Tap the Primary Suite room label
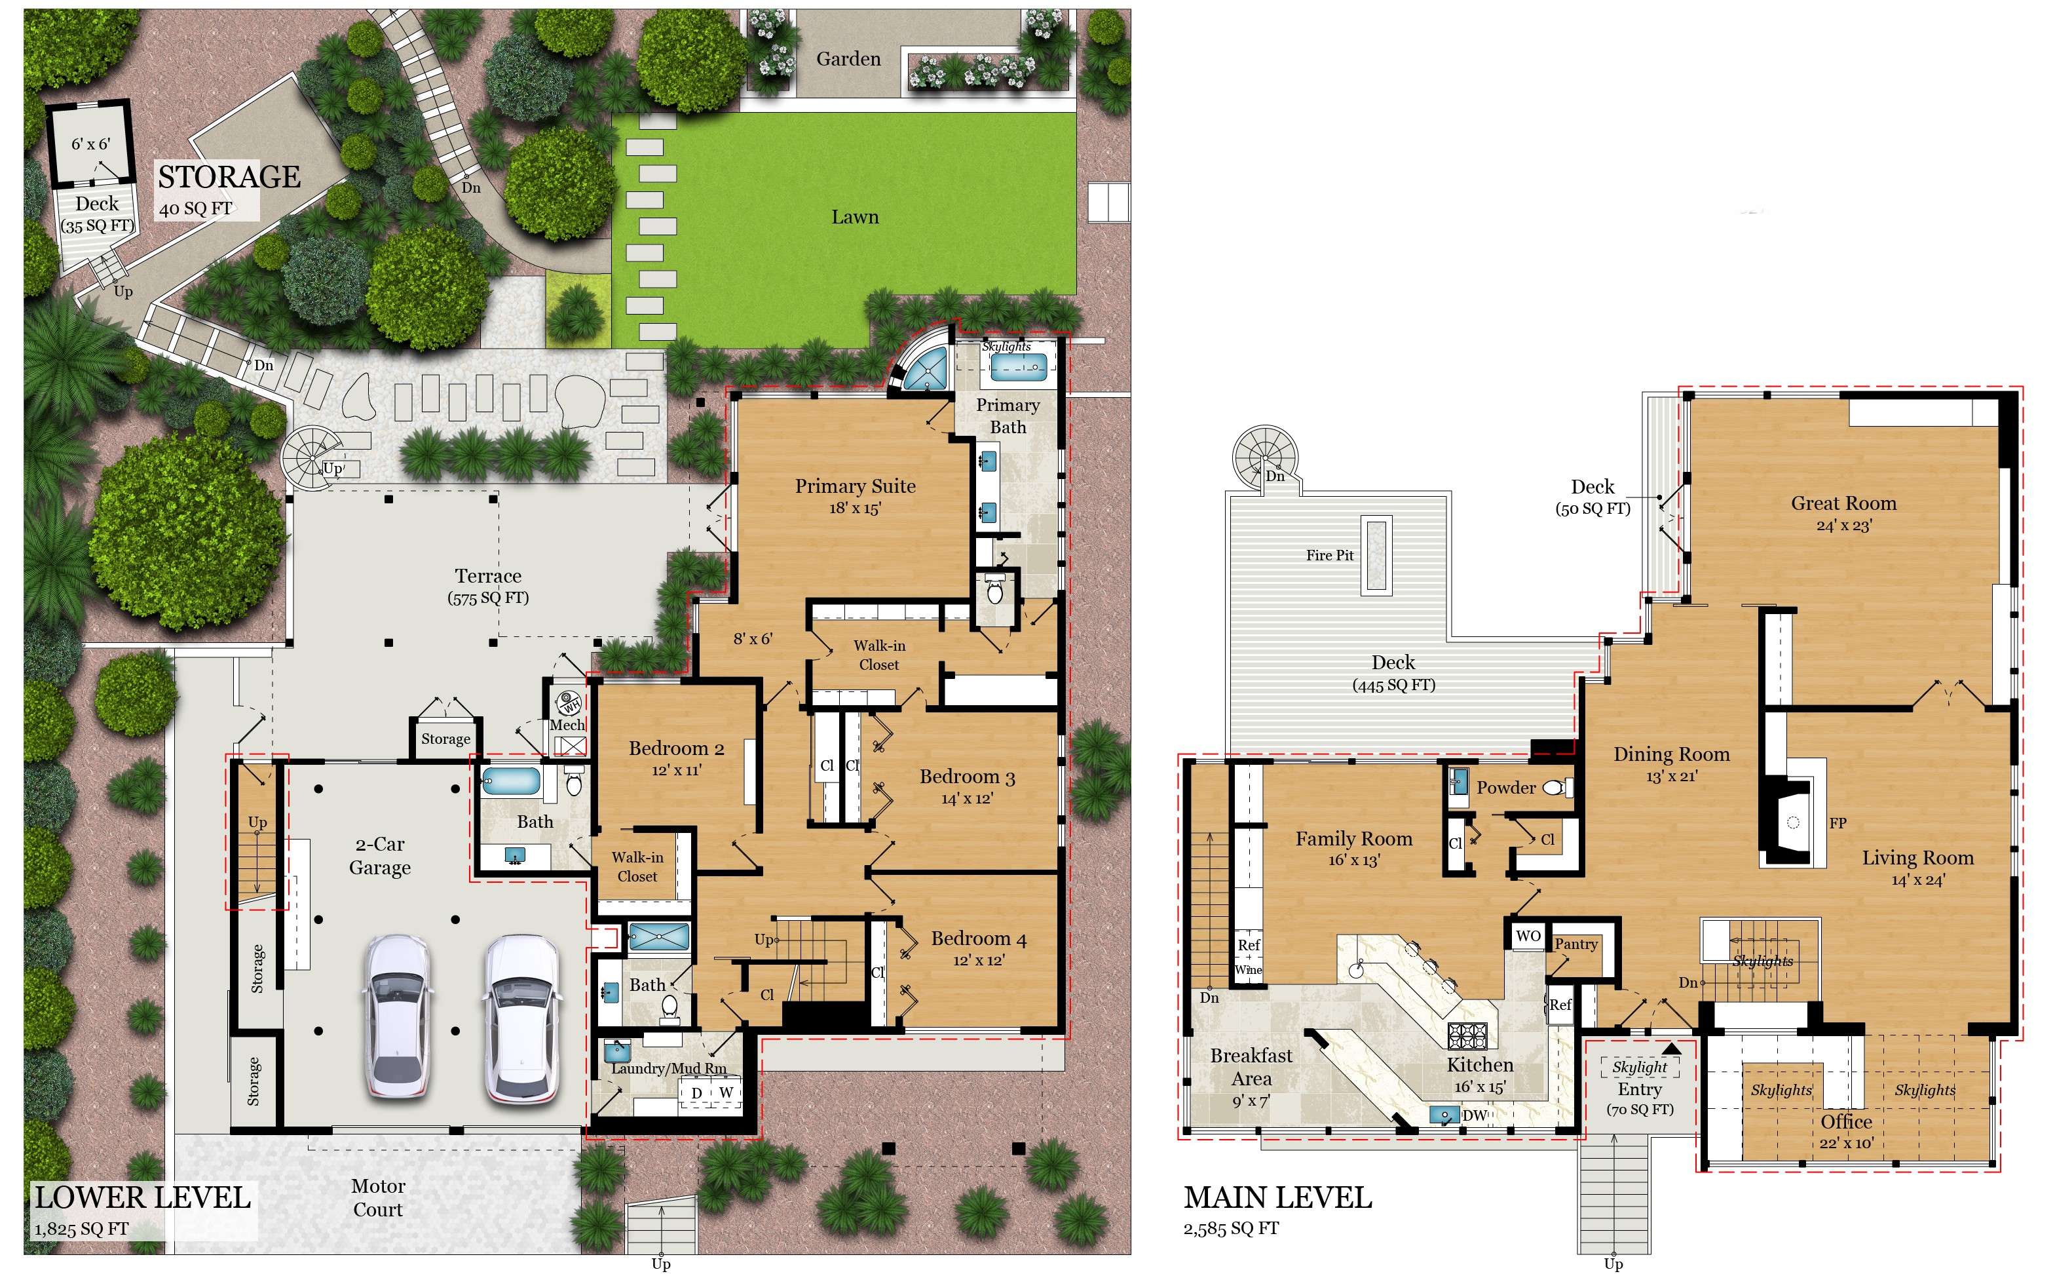[x=855, y=486]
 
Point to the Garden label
[x=848, y=59]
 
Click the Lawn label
[x=855, y=217]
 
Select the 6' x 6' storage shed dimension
[x=90, y=144]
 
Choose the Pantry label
[x=1576, y=944]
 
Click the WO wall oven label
[x=1528, y=936]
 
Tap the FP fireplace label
[x=1838, y=823]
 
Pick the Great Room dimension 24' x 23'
[x=1843, y=526]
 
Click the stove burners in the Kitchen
[x=1469, y=1035]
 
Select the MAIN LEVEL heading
[x=1277, y=1197]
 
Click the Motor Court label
[x=378, y=1197]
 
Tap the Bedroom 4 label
[x=979, y=938]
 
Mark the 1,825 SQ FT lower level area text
[x=82, y=1229]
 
